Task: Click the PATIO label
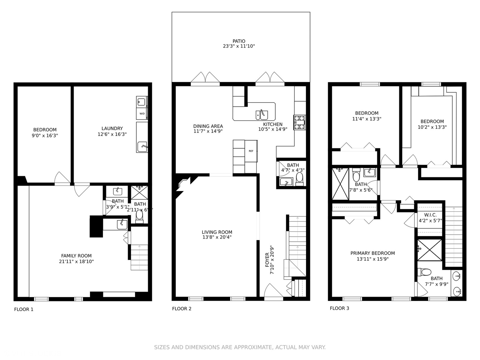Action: coord(239,41)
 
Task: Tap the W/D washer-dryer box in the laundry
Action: coord(142,114)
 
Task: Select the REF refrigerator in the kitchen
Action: coord(251,151)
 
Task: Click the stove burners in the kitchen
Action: coord(299,122)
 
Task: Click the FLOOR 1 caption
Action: coord(24,309)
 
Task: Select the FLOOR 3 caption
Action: coord(339,308)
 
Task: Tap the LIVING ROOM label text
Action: coord(217,232)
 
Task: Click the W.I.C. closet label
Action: coord(430,215)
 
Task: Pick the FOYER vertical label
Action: coord(267,260)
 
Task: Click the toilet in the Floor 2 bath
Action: coord(300,178)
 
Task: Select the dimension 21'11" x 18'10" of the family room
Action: coord(76,262)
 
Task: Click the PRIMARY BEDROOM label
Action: coord(372,253)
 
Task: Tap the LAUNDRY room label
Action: coord(112,128)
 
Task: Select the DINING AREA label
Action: coord(208,126)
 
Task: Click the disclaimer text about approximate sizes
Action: coord(240,347)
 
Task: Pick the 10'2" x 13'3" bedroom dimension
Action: coord(432,127)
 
